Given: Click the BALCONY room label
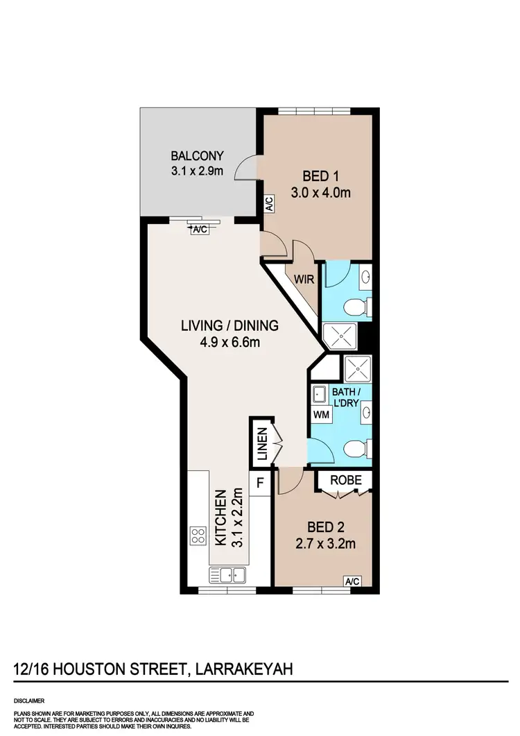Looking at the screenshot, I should [x=198, y=155].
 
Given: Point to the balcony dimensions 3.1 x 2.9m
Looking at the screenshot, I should [x=198, y=170].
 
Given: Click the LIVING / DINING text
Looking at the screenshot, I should [x=229, y=325].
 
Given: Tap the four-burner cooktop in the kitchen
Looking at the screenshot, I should [x=198, y=536].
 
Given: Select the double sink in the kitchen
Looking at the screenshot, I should [x=227, y=574].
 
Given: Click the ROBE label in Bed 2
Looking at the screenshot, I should [x=345, y=480].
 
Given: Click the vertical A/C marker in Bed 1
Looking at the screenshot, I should [x=268, y=204].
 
